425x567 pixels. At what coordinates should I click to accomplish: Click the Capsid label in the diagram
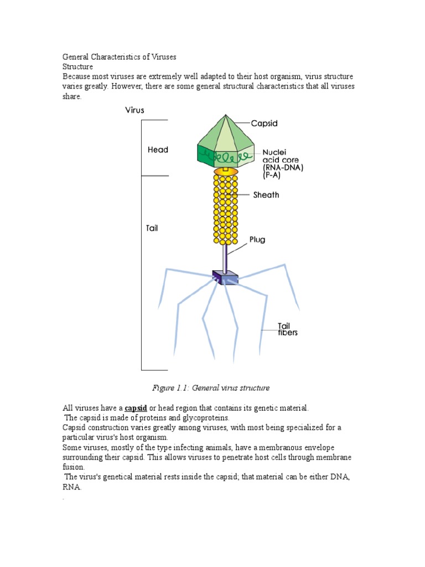(x=264, y=123)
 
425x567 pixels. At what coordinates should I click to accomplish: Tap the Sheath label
(x=266, y=195)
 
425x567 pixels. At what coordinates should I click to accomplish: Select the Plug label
(x=257, y=240)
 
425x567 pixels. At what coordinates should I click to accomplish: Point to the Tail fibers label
(x=287, y=329)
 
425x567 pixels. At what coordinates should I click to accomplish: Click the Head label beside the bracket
(x=158, y=150)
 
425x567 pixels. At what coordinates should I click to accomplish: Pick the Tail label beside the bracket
(x=152, y=228)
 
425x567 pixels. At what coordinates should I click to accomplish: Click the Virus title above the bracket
(x=134, y=110)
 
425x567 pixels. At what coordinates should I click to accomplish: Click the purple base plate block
(x=225, y=277)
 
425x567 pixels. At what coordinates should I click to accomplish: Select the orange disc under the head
(x=226, y=173)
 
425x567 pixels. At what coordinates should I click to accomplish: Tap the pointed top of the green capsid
(x=226, y=117)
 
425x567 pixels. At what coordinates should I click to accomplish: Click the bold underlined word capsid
(x=136, y=408)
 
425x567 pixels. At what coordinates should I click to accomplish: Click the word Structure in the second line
(x=78, y=66)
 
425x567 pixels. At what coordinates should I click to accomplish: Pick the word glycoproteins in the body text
(x=209, y=417)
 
